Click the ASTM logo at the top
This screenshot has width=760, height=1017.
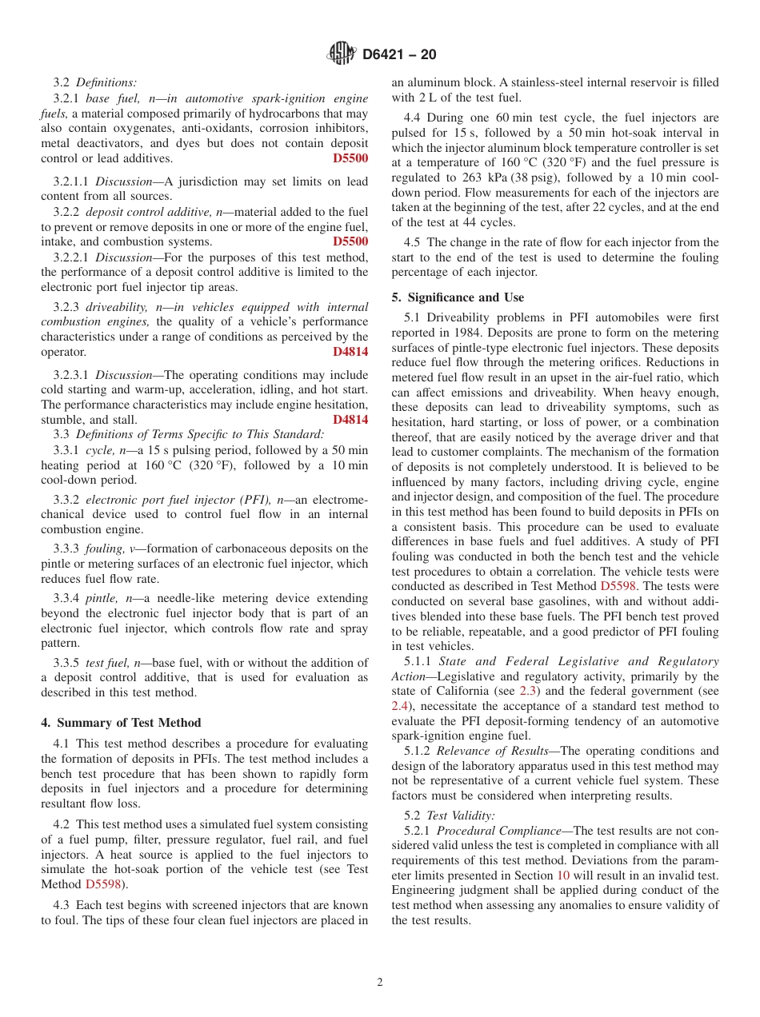tap(342, 54)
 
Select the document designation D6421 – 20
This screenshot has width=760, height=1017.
tap(399, 55)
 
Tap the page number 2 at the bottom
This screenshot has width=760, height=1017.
tap(380, 983)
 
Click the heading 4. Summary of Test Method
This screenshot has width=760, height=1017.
tap(121, 723)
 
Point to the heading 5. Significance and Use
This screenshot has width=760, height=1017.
tap(458, 297)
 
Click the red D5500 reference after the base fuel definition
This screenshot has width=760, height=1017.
tap(350, 158)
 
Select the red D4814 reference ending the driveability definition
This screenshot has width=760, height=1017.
tap(350, 352)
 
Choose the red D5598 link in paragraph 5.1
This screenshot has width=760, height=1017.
tap(618, 587)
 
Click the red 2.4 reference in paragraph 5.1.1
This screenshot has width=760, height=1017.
tap(399, 706)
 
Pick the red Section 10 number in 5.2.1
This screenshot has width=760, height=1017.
tap(562, 875)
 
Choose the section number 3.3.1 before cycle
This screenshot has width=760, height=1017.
tap(66, 450)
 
